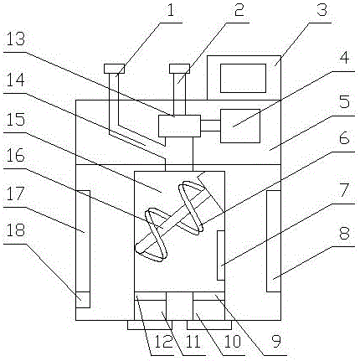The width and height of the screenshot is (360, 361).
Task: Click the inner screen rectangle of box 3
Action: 244,78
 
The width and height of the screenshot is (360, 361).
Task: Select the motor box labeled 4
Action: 239,126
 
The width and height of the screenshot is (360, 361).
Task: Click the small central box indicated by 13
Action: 178,127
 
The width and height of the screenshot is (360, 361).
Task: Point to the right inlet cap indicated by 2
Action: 178,67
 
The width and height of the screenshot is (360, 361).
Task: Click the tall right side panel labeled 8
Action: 273,241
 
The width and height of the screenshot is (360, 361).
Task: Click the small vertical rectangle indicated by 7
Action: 219,256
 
